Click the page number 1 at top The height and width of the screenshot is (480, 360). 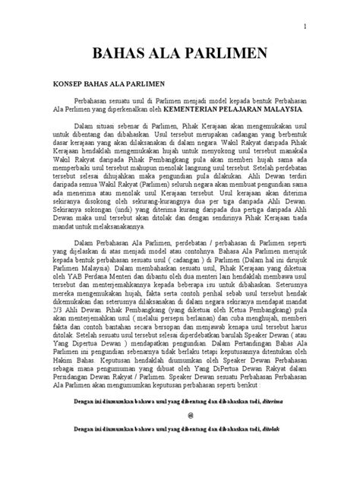click(305, 28)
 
